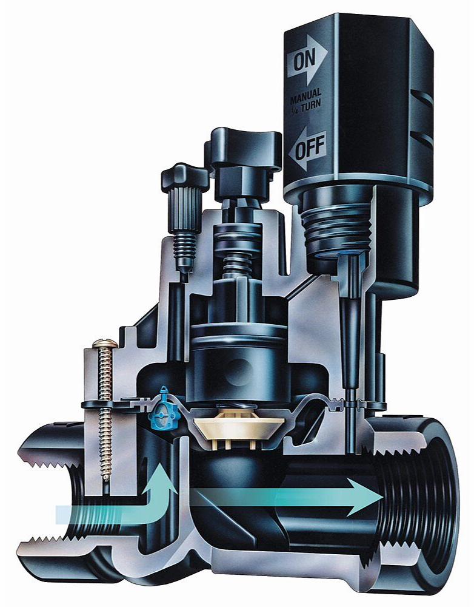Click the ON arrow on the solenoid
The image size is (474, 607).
307,60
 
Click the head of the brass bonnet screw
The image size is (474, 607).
105,342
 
